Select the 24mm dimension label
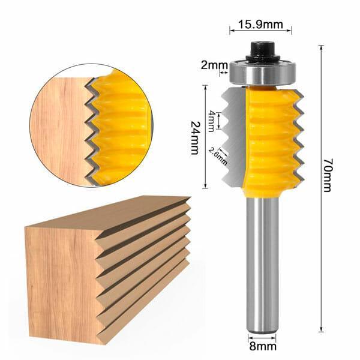point(194,137)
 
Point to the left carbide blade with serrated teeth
point(231,138)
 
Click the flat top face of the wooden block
point(108,213)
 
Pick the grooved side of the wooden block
point(144,264)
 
